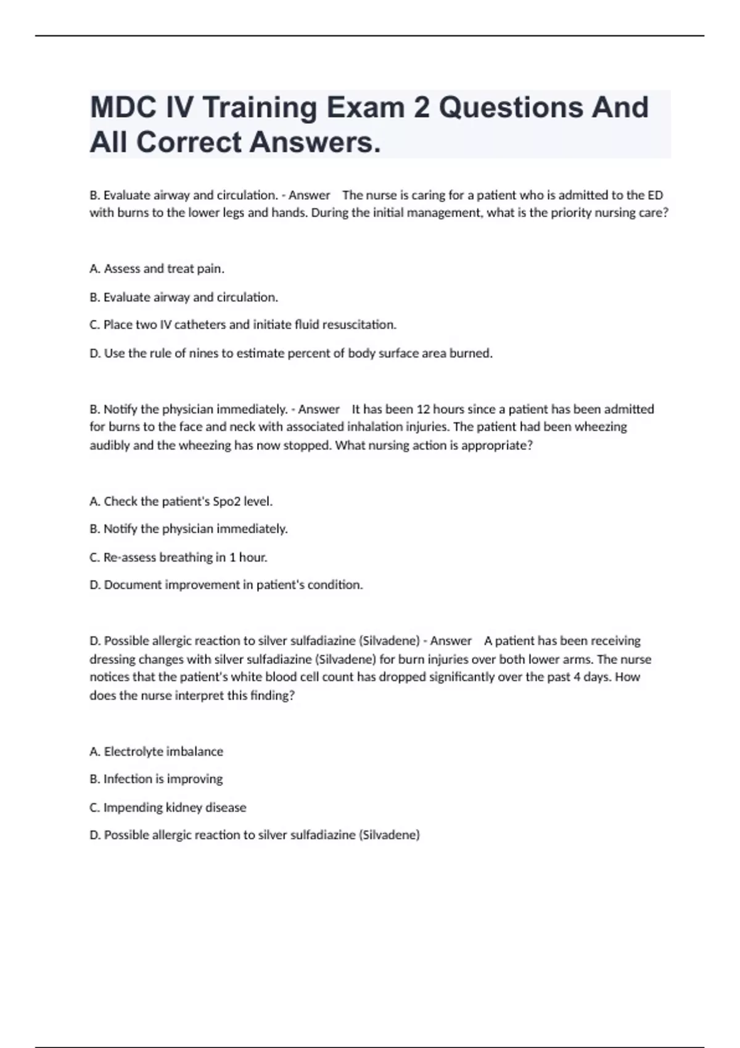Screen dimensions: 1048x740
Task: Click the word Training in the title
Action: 260,108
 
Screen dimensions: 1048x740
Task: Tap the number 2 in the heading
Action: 421,108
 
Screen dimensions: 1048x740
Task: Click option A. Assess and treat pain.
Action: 157,269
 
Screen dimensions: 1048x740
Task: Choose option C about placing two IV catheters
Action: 243,325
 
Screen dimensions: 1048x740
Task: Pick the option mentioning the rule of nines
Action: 291,353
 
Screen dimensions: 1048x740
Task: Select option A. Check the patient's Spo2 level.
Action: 181,501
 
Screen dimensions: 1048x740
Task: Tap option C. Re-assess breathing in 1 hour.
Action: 178,557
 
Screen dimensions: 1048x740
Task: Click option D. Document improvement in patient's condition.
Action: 226,585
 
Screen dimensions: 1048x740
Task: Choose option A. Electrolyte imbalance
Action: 156,751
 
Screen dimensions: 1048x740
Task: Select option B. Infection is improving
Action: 156,779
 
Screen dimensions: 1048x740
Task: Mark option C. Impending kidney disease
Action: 168,808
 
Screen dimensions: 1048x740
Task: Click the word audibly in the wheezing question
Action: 110,446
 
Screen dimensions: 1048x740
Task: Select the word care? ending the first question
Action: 654,213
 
